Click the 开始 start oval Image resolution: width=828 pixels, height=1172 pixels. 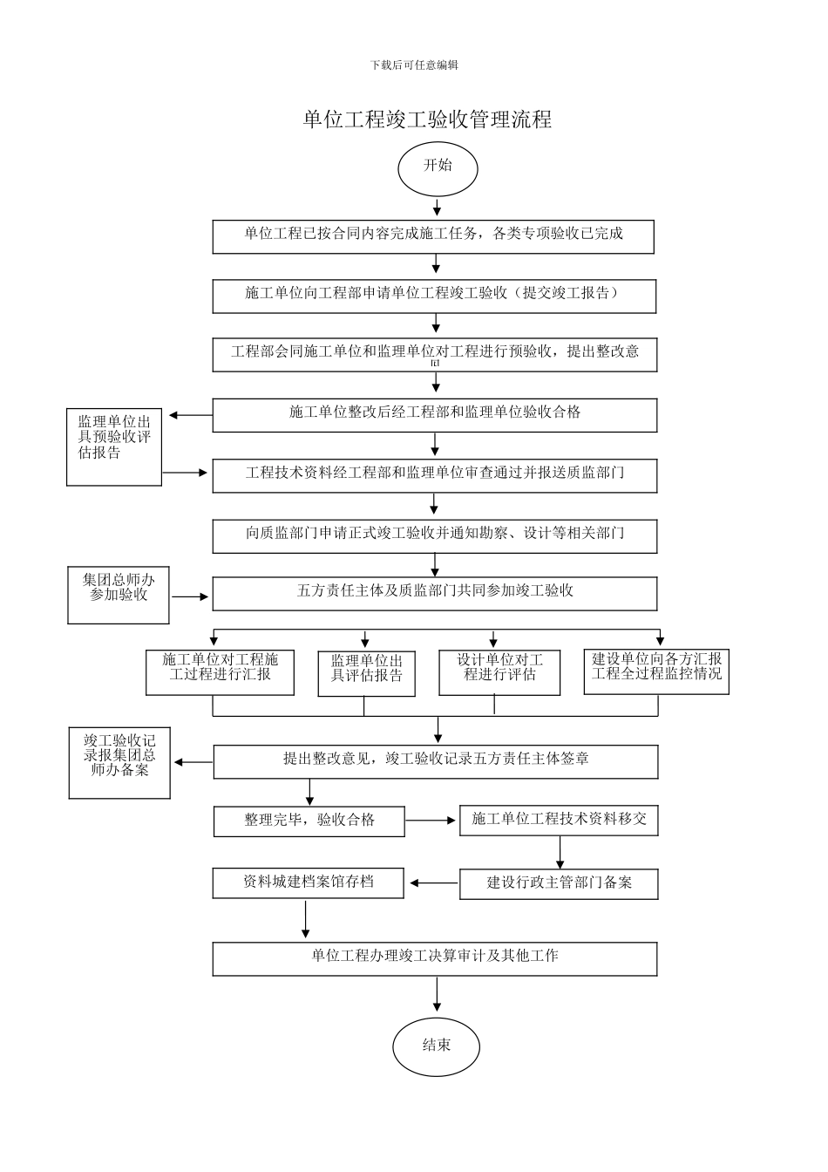point(438,167)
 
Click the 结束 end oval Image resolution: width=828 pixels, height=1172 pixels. point(436,1046)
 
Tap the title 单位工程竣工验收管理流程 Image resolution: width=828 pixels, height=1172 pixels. point(427,119)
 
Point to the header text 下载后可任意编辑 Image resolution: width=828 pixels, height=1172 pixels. point(414,65)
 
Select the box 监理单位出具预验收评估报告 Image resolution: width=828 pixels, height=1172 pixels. point(114,446)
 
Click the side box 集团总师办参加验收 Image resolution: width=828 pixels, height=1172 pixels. point(119,595)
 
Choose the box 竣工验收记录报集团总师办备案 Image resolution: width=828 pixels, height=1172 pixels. point(119,763)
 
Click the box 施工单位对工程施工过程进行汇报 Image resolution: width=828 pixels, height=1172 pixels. point(220,672)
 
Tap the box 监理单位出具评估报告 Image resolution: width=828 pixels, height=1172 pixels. point(366,673)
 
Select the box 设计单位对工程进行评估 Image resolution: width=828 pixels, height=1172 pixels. point(499,672)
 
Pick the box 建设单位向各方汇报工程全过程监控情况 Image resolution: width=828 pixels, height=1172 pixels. point(656,671)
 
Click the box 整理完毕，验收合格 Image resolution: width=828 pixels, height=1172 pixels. point(309,821)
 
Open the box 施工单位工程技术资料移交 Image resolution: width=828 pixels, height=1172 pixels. point(559,820)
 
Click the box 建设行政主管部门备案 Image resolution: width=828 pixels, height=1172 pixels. point(559,883)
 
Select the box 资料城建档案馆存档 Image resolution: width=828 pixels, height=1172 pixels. point(308,882)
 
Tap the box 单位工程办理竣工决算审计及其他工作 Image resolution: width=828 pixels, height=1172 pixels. point(434,957)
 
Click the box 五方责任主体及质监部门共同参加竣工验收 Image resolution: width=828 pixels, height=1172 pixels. point(434,593)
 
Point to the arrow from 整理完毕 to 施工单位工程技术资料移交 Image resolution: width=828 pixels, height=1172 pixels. point(431,821)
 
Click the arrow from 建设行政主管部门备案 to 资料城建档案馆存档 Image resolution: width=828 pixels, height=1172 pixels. point(433,883)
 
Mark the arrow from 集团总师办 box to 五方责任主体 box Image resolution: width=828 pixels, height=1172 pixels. point(190,597)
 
